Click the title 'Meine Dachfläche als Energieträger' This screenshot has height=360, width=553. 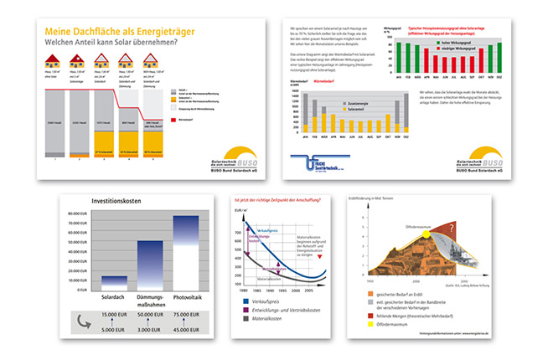click(108, 30)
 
